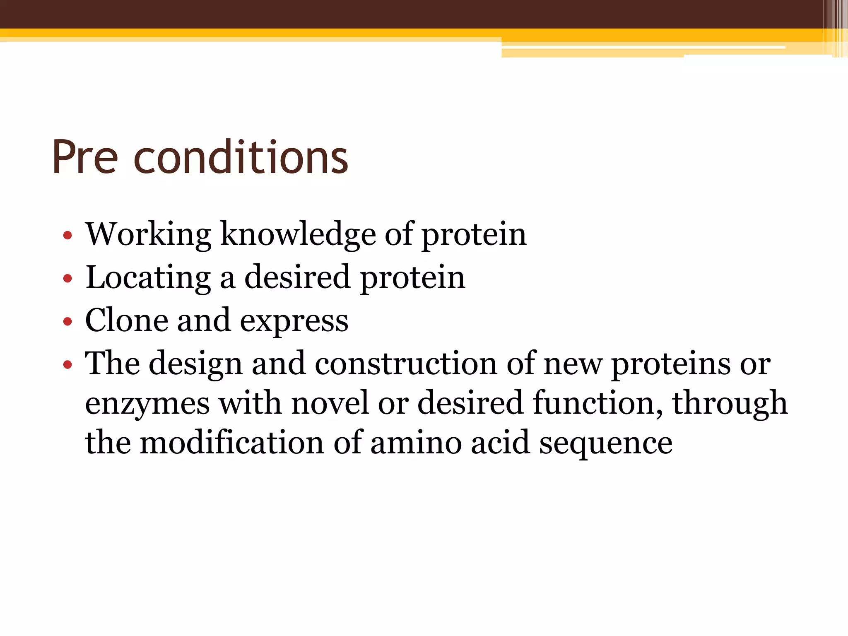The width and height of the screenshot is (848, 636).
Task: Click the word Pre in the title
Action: pos(85,157)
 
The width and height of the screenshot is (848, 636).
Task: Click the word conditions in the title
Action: pos(241,157)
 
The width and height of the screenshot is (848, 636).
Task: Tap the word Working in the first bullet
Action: pos(148,235)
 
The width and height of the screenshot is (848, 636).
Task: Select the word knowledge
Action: pos(298,235)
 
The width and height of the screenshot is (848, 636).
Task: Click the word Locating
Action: pos(148,278)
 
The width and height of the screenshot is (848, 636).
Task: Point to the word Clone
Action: pos(126,320)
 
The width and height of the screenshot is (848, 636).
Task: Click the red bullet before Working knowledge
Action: pos(67,236)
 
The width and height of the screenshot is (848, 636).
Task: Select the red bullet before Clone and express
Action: pos(67,322)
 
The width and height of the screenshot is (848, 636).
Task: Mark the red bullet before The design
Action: pos(67,365)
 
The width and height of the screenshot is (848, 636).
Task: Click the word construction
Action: pos(405,364)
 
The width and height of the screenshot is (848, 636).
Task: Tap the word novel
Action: pos(330,403)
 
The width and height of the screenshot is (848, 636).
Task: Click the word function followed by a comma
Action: pos(597,403)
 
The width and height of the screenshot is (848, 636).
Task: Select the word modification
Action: pos(231,443)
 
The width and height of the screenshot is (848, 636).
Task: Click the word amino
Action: pos(416,443)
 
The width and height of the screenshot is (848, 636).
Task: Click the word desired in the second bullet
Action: pos(297,278)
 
